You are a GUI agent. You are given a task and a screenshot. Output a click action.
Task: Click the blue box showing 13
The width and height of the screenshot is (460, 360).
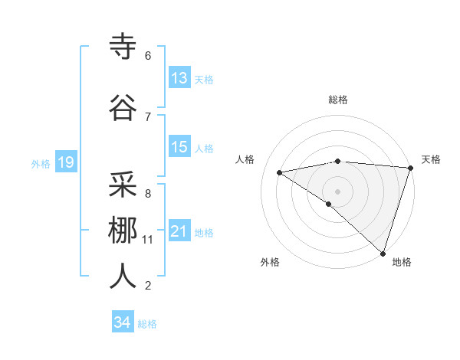(x=179, y=78)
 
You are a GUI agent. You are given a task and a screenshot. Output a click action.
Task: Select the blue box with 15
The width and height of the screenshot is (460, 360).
(x=179, y=147)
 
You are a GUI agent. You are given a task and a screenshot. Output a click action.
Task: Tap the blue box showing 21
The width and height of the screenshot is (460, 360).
(x=179, y=231)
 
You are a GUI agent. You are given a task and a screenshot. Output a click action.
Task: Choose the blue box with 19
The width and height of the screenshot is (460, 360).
(x=65, y=162)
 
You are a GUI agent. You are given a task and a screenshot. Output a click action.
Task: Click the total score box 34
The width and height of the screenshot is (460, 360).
(x=123, y=322)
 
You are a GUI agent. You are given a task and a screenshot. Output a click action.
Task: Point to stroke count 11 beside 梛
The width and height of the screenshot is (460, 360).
(x=148, y=240)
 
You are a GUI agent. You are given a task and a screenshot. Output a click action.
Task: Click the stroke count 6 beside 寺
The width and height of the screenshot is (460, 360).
(x=148, y=56)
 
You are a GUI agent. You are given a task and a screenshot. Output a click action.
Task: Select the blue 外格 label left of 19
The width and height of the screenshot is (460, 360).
(x=41, y=163)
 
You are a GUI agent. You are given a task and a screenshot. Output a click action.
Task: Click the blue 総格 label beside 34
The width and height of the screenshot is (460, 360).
(x=147, y=324)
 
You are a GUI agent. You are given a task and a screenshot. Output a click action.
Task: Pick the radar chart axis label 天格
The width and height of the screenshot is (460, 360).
(x=431, y=159)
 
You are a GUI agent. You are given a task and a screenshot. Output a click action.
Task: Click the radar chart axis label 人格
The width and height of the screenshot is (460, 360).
(x=245, y=159)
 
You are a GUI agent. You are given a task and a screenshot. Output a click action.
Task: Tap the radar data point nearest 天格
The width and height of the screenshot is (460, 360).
(x=410, y=168)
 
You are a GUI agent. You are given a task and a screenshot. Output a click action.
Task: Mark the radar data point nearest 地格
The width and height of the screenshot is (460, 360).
(x=383, y=253)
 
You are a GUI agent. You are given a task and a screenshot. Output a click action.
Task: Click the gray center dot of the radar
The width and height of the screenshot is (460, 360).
(x=337, y=191)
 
